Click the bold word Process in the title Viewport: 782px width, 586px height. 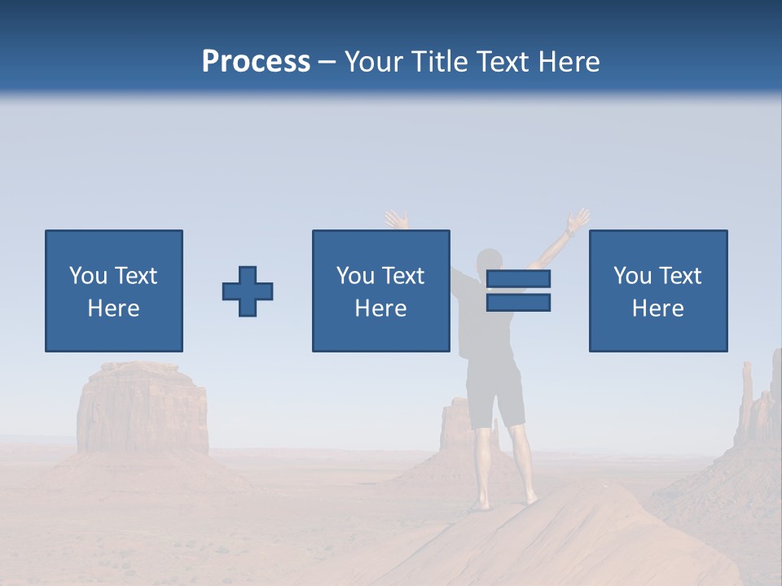[256, 61]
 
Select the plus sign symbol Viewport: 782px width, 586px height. [248, 291]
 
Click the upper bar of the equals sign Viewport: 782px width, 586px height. [518, 279]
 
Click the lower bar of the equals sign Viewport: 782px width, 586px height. [518, 303]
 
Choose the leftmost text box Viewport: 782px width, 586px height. [113, 291]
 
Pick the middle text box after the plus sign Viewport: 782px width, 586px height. [380, 291]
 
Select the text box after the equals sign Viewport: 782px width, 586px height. [657, 291]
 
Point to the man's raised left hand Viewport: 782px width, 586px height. [396, 220]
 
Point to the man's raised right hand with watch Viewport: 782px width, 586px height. [578, 221]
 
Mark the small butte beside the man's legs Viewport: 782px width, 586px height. [453, 427]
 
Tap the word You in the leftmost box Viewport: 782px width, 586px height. [88, 275]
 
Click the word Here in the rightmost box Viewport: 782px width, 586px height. [657, 308]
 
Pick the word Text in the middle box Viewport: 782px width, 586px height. [403, 275]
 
